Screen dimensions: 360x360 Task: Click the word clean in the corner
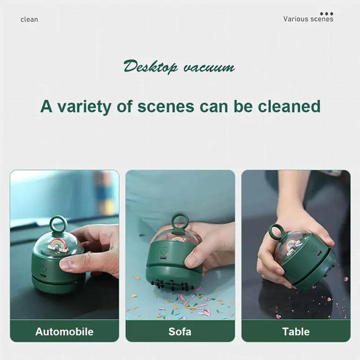click(29, 19)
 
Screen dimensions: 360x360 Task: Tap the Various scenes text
click(308, 19)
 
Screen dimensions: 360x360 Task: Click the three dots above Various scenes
click(326, 13)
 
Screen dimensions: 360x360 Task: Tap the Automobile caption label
click(64, 332)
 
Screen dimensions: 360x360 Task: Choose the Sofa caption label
click(180, 332)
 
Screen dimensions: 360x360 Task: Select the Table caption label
click(296, 332)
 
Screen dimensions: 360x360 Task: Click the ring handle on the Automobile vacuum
click(57, 224)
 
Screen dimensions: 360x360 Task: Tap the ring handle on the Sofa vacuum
click(180, 221)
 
